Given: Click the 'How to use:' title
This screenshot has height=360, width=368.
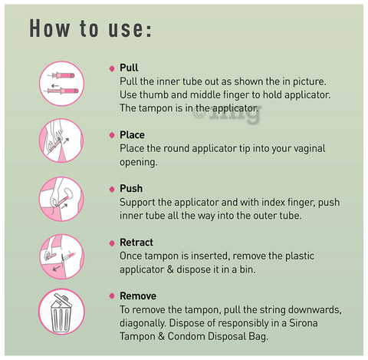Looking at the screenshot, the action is [90, 28].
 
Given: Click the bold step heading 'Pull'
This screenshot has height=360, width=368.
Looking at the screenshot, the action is [129, 68].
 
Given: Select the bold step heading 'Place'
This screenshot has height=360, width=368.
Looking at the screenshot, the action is [132, 135].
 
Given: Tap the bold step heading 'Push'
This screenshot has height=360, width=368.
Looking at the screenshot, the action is [131, 189].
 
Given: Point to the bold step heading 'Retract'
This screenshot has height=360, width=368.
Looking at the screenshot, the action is [136, 243].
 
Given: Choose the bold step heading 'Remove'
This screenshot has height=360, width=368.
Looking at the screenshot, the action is [138, 296].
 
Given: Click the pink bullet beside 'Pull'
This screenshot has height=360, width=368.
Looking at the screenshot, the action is [112, 68].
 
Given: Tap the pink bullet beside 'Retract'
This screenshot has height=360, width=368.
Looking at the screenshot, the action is [112, 243].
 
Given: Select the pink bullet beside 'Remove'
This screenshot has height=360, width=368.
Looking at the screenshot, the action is [112, 296].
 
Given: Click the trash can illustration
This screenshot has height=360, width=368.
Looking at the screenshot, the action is [61, 314].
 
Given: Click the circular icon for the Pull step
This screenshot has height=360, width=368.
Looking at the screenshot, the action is [61, 84].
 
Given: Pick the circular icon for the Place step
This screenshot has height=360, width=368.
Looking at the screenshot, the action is [61, 140].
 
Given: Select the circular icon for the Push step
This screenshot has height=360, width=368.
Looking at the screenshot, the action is [61, 199].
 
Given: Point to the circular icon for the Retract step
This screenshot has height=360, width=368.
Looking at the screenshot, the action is [61, 256].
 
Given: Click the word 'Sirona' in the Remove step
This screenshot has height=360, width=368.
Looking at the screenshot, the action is [303, 323].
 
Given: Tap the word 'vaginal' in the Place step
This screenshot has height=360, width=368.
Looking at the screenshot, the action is [310, 149].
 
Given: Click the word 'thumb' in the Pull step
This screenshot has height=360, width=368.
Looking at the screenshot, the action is [154, 95].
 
